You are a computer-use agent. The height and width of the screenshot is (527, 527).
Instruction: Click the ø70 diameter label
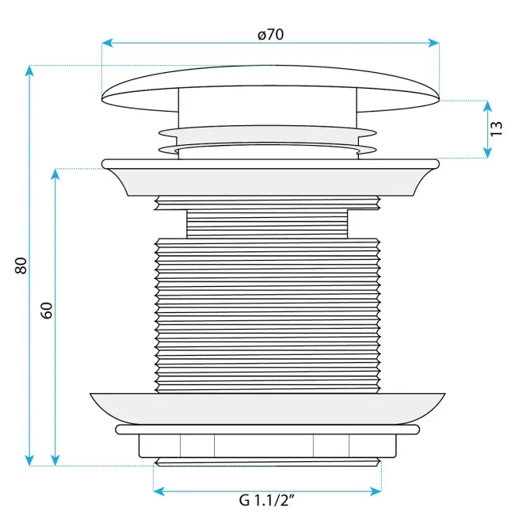(270, 35)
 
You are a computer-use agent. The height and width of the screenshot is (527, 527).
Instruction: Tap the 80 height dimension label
(21, 265)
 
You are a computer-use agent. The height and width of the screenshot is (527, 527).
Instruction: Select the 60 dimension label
(47, 310)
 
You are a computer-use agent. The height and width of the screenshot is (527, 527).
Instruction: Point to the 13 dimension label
(496, 128)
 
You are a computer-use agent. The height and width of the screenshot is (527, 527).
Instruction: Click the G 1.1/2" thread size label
(267, 500)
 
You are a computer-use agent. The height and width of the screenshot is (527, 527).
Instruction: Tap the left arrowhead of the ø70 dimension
(107, 43)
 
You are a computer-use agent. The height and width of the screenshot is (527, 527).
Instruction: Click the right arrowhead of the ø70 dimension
(434, 43)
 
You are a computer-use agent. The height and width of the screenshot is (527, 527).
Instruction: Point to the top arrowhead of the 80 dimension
(29, 71)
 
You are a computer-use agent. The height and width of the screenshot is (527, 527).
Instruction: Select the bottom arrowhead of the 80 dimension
(29, 460)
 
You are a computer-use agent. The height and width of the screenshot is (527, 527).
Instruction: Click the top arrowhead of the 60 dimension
(55, 174)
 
